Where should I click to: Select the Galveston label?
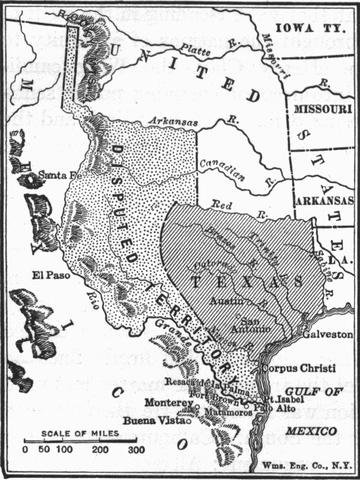click(327, 333)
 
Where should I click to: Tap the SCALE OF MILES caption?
click(76, 435)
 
